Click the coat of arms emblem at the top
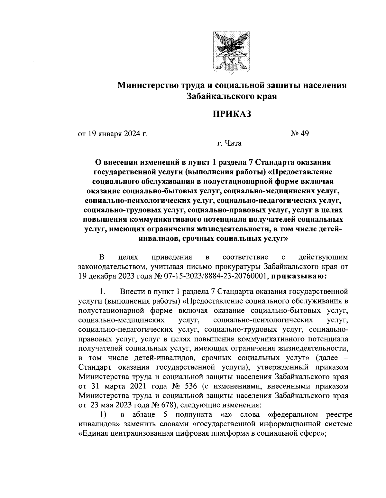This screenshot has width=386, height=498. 231,52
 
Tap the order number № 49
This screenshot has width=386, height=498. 299,133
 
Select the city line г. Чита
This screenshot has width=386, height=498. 229,143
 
